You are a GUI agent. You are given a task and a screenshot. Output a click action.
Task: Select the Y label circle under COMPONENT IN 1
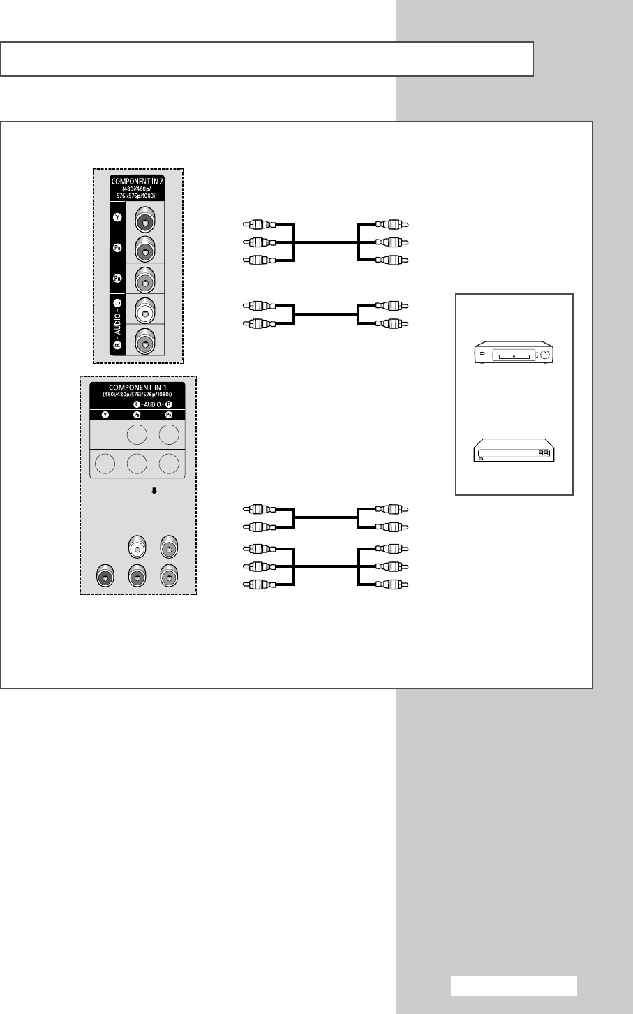(x=105, y=415)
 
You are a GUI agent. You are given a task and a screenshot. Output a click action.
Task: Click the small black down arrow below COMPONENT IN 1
(x=154, y=491)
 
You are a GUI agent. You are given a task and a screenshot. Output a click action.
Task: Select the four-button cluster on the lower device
(x=544, y=453)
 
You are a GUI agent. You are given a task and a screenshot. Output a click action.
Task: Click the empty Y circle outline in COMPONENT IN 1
(x=105, y=464)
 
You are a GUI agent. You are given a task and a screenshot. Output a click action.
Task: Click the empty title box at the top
(x=267, y=59)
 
